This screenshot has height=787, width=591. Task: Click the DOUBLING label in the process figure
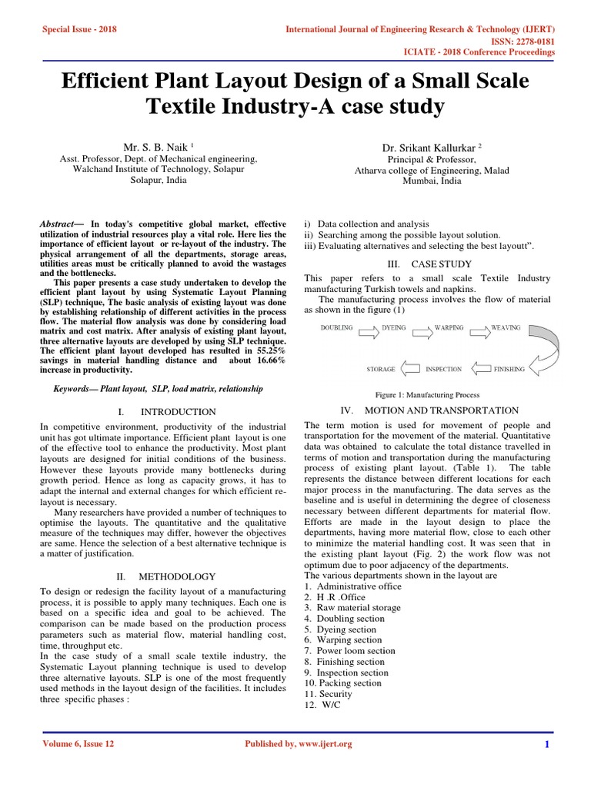coord(336,327)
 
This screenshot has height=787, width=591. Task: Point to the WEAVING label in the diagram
coord(506,327)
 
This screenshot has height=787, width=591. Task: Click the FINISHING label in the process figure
coord(509,369)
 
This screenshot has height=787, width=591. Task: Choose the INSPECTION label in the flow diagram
coord(443,369)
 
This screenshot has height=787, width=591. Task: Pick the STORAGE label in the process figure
coord(381,369)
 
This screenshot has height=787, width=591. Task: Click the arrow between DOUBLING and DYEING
coord(366,333)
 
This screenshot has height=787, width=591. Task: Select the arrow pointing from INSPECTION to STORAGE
coord(409,369)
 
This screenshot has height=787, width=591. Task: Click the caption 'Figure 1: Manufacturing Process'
coord(427,395)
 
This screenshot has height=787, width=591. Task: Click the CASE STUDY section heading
coord(427,264)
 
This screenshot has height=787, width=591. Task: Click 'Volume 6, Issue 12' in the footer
coord(80,744)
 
